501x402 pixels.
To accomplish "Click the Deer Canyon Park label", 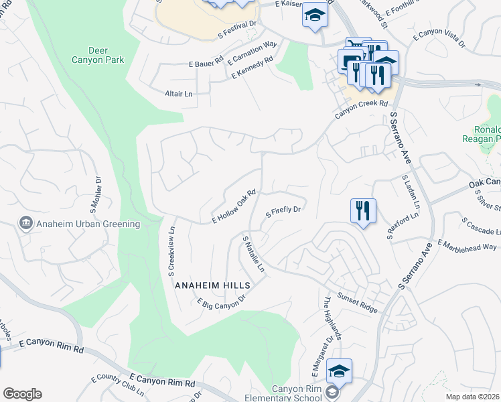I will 106,56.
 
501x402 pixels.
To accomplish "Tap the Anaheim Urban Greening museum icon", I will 26,222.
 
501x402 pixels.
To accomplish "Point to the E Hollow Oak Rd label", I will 234,206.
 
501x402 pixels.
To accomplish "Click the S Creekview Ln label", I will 171,251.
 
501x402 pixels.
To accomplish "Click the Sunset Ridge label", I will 357,303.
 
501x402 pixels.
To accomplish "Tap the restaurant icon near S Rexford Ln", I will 363,211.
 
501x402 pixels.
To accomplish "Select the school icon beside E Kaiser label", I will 313,15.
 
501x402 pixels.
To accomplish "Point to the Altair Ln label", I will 178,94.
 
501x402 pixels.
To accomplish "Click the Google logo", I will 22,393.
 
